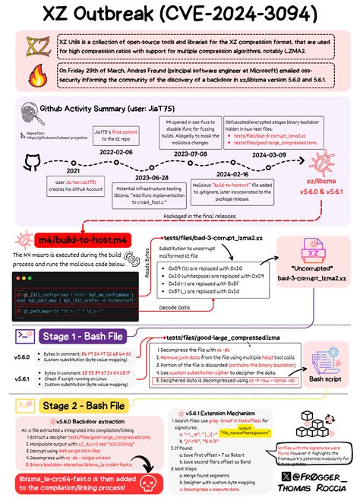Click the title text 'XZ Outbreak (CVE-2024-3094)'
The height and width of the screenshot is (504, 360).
coord(179,16)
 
